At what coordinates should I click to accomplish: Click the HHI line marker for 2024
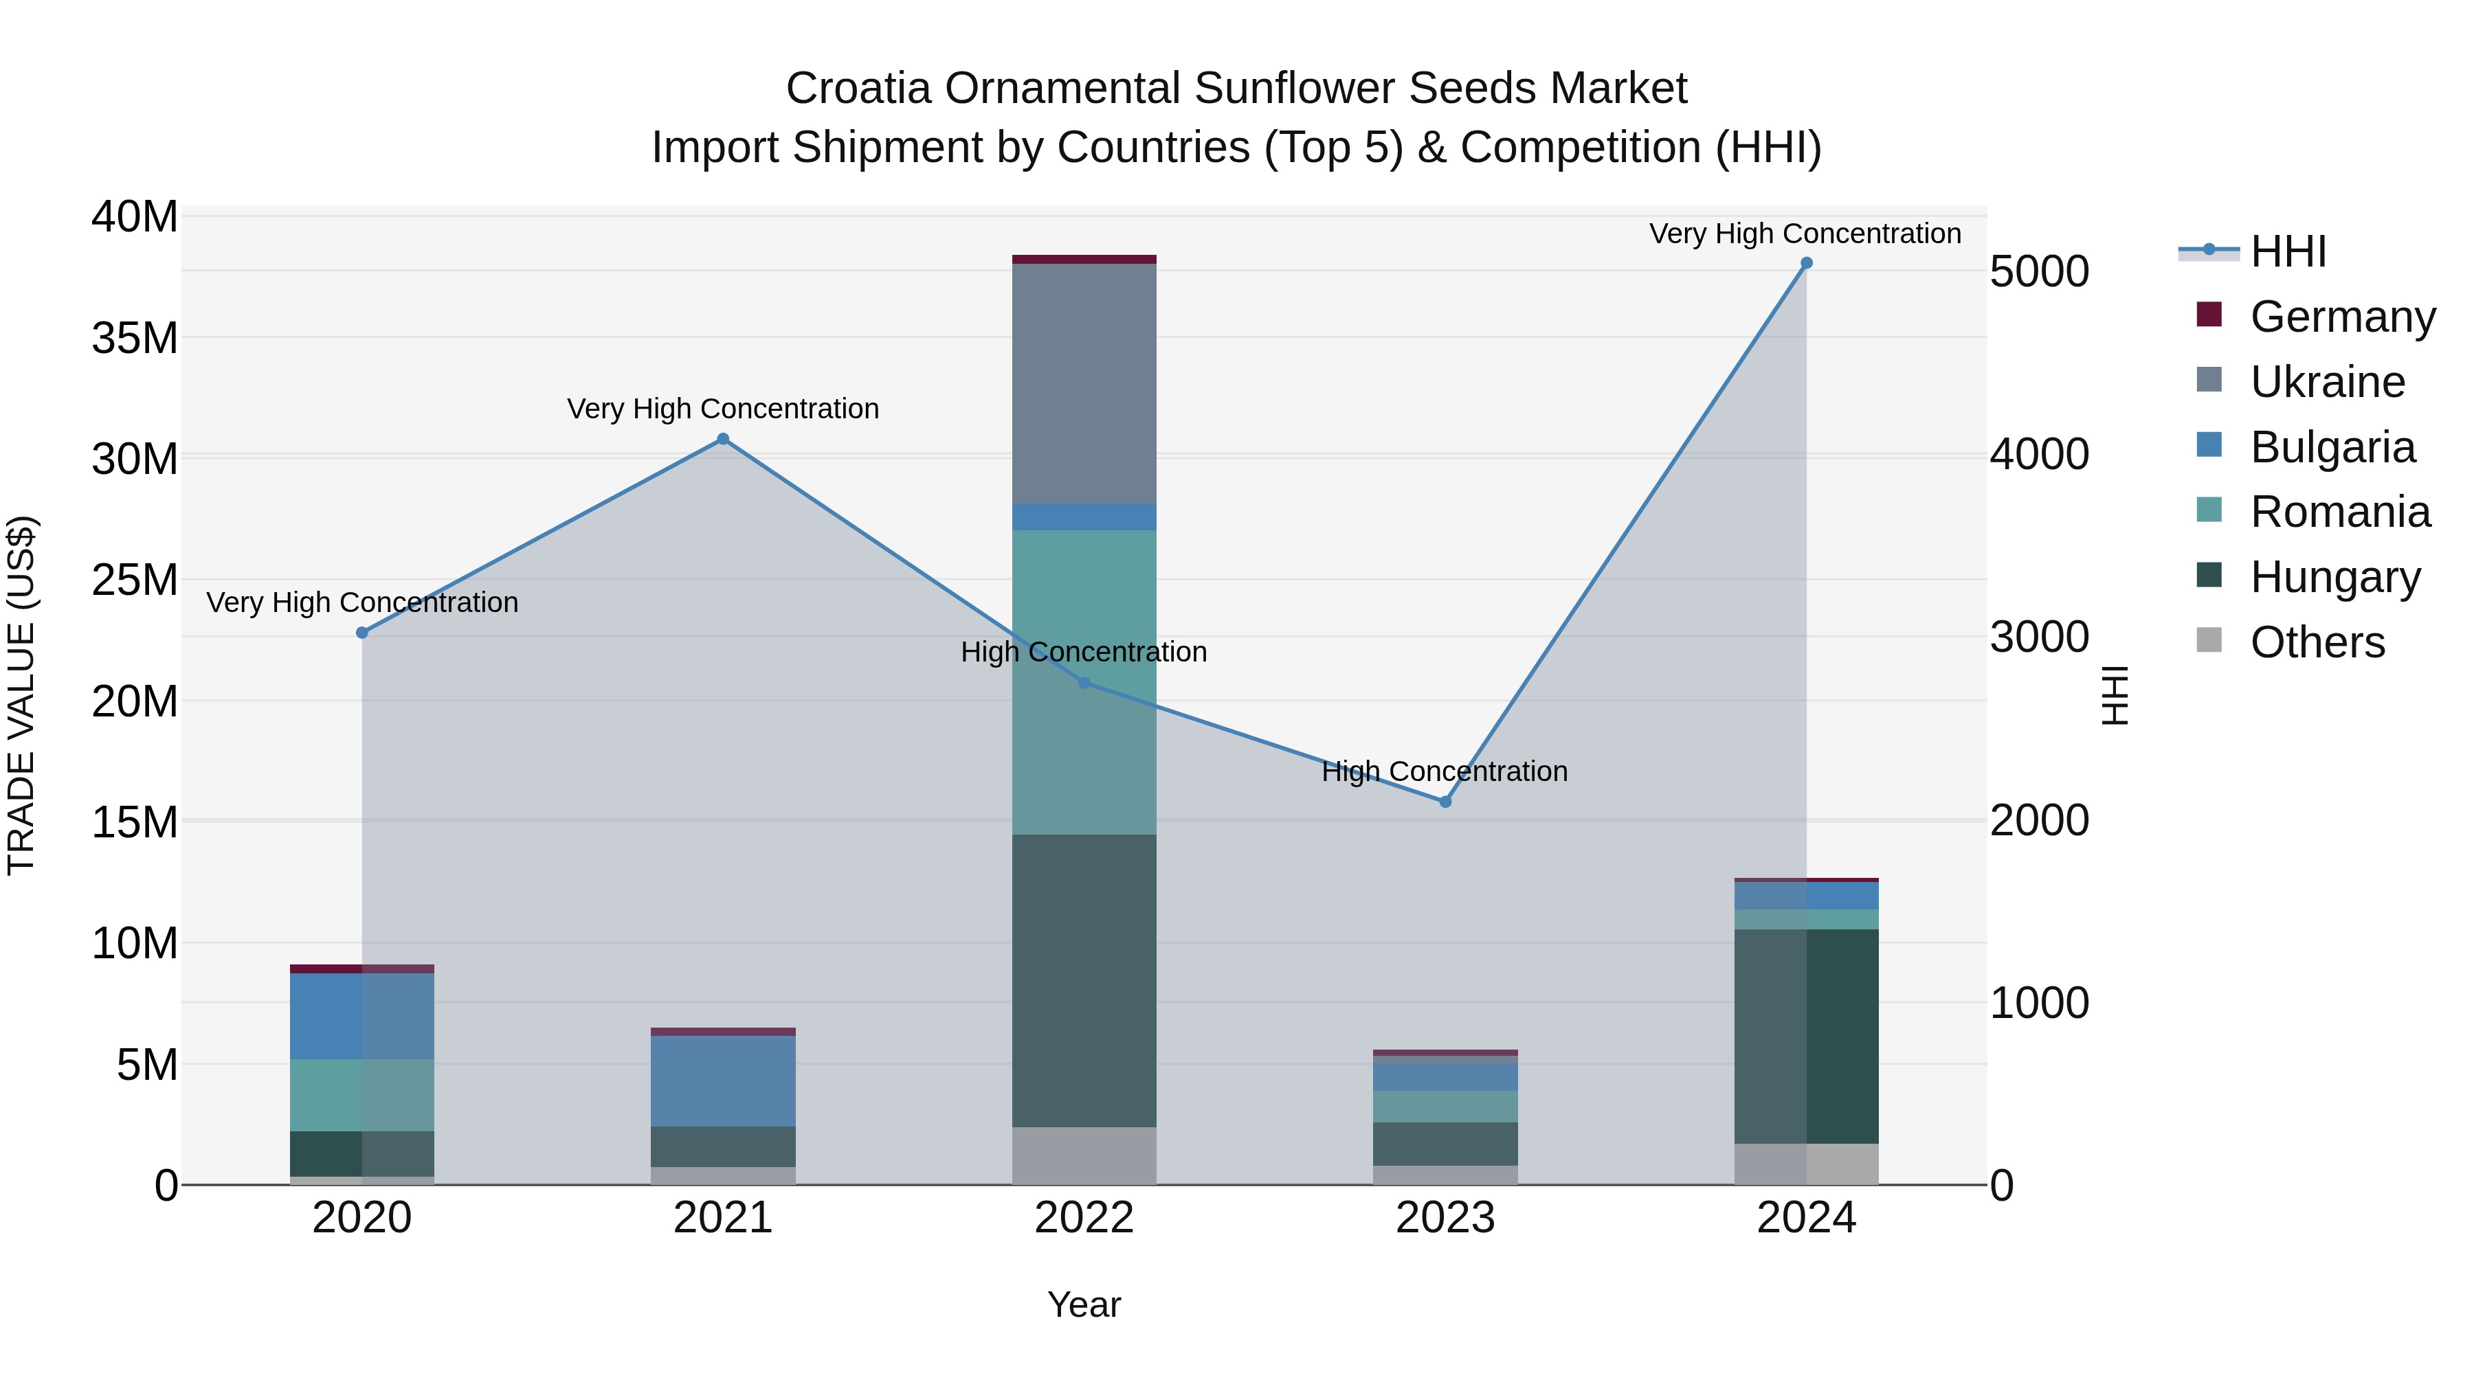pyautogui.click(x=1805, y=263)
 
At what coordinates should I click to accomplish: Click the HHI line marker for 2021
pyautogui.click(x=723, y=440)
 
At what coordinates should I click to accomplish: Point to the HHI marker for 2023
pyautogui.click(x=1445, y=802)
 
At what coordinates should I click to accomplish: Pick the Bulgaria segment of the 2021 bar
pyautogui.click(x=723, y=1081)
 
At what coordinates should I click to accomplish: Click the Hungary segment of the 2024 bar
pyautogui.click(x=1805, y=1037)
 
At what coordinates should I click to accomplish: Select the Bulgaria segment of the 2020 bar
pyautogui.click(x=362, y=1016)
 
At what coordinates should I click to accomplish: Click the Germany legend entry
pyautogui.click(x=2341, y=317)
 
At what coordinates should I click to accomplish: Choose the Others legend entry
pyautogui.click(x=2317, y=642)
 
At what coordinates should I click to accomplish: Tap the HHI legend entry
pyautogui.click(x=2288, y=251)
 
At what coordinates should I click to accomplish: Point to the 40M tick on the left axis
pyautogui.click(x=135, y=217)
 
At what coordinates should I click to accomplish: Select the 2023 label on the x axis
pyautogui.click(x=1445, y=1218)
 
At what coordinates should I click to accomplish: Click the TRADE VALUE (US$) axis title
pyautogui.click(x=21, y=695)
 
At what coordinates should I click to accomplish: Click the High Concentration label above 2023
pyautogui.click(x=1445, y=772)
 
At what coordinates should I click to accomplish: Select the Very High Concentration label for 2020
pyautogui.click(x=362, y=603)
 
